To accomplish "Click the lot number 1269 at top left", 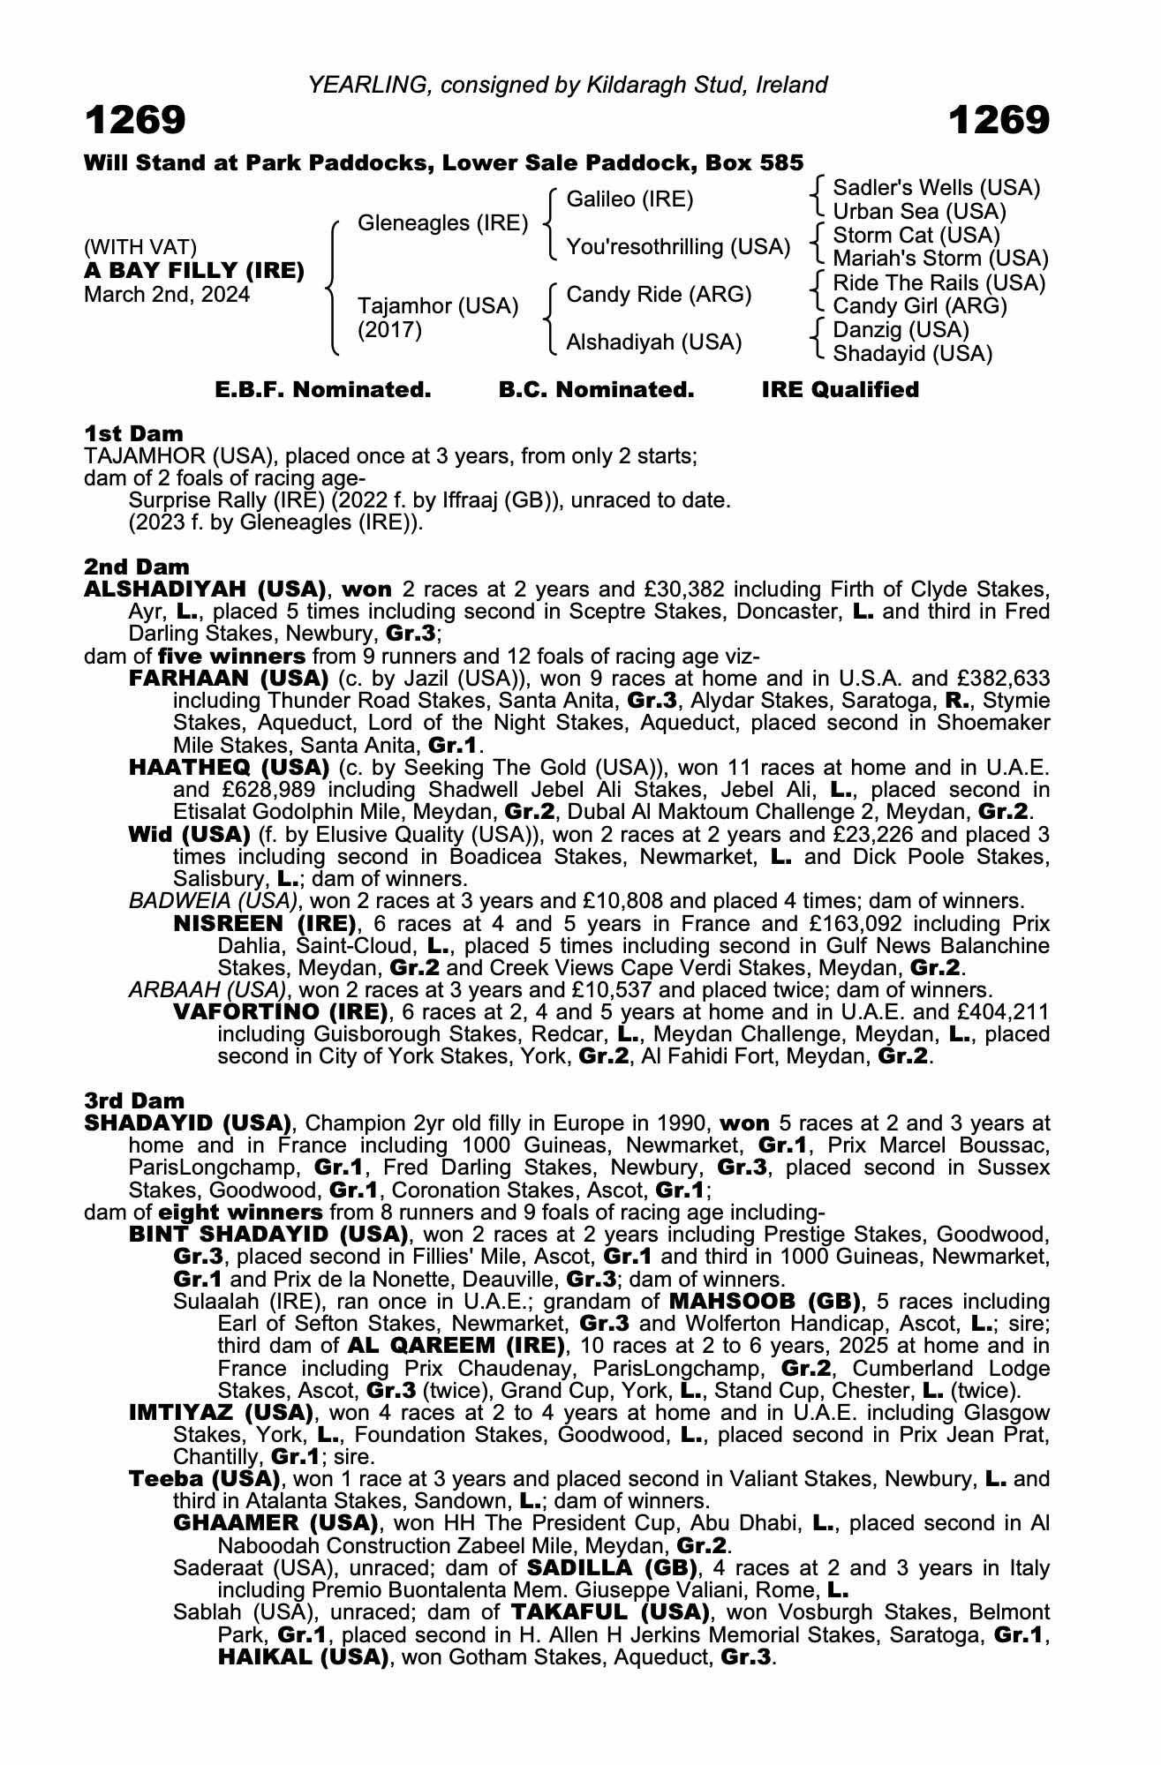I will click(135, 120).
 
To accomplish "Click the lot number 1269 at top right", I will click(999, 120).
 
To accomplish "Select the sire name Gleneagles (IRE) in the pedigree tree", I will click(442, 223).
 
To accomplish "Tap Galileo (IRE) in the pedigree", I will click(630, 199).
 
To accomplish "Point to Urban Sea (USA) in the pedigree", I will click(919, 212).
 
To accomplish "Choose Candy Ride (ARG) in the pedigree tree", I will click(659, 295).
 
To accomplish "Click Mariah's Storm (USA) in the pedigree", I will click(940, 259).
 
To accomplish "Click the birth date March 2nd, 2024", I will click(167, 295).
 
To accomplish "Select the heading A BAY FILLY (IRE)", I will click(194, 271).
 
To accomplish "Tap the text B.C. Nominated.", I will click(596, 390).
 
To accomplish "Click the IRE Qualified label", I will click(840, 390).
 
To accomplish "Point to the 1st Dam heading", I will click(134, 433).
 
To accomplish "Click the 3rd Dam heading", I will click(134, 1100).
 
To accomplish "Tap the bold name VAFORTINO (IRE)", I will click(281, 1011).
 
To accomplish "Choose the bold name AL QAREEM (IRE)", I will click(456, 1346).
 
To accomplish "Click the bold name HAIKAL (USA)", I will click(304, 1657).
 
